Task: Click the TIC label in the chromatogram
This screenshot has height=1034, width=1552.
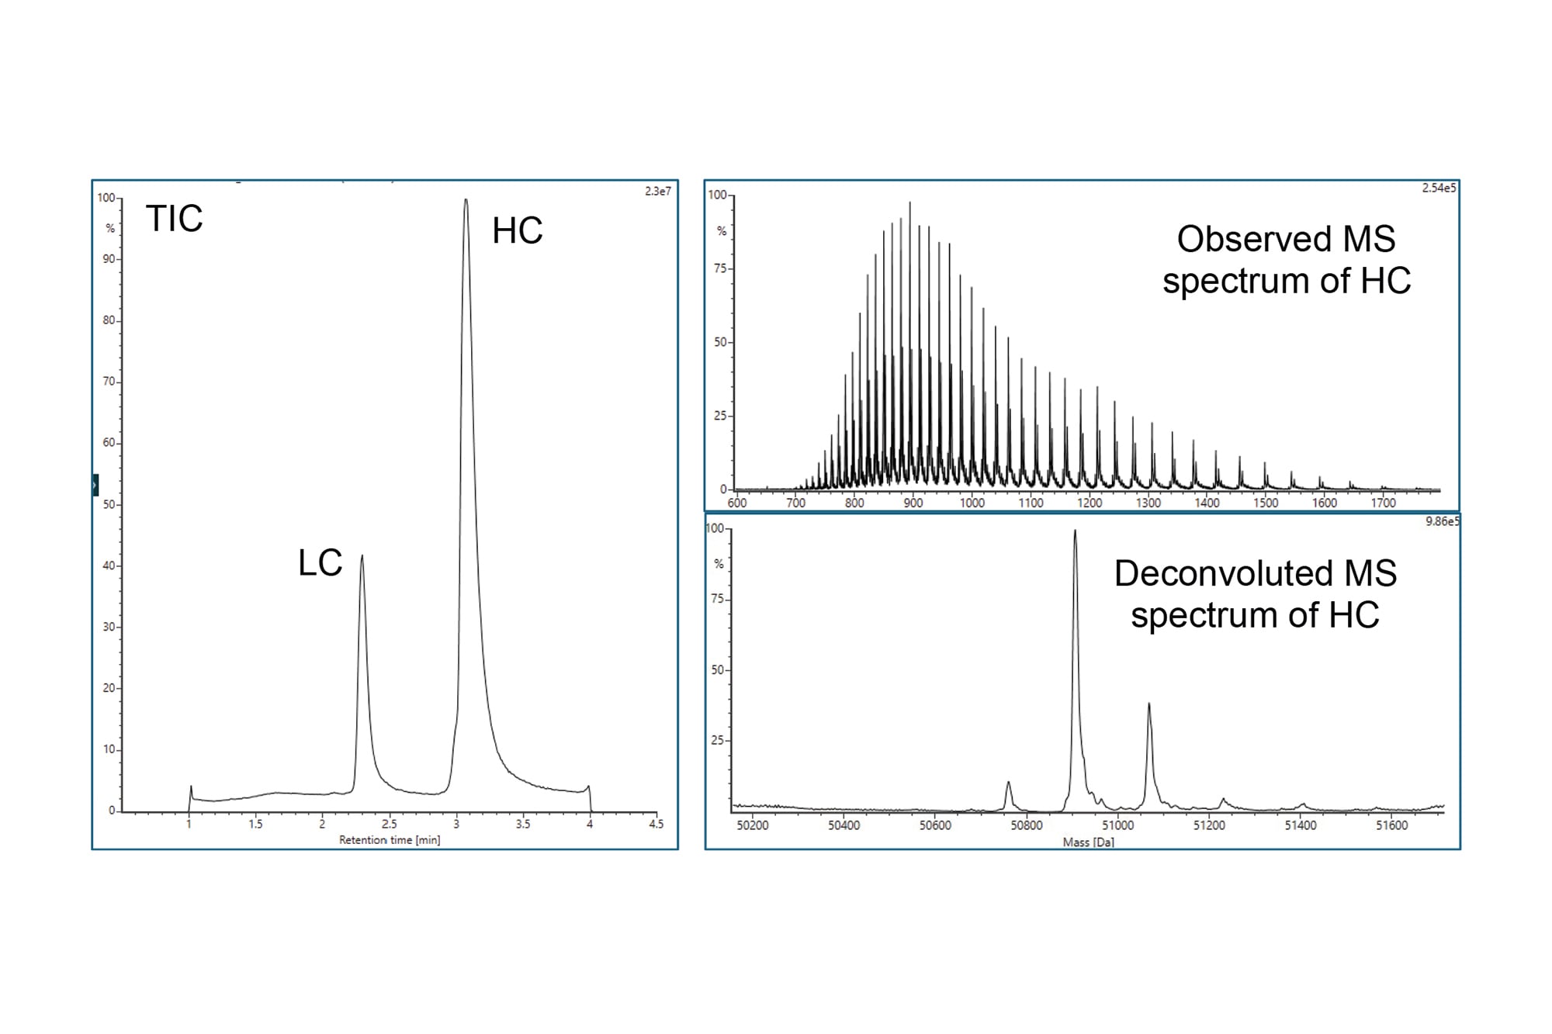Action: [174, 219]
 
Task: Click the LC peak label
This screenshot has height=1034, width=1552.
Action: [320, 563]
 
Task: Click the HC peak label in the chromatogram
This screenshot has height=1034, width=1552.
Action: [517, 230]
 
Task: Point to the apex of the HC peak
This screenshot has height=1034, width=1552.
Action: [466, 200]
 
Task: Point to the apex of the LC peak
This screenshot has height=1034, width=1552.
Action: [362, 556]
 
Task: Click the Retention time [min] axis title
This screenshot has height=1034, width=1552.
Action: [390, 840]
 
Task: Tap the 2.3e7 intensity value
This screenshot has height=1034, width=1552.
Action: [657, 192]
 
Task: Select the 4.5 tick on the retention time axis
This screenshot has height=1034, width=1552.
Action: [656, 825]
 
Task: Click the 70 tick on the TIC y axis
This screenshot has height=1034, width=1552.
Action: [109, 382]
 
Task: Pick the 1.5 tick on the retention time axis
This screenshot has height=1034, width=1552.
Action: [255, 825]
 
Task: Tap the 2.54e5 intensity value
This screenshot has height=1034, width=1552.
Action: [1439, 188]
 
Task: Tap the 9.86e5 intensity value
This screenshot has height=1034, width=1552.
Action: [1442, 521]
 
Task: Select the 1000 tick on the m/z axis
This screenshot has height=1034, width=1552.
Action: [972, 503]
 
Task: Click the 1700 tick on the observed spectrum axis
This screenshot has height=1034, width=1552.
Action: [1383, 503]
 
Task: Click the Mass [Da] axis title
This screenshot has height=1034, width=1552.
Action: [1088, 842]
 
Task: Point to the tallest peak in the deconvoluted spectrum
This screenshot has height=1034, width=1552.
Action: [1075, 531]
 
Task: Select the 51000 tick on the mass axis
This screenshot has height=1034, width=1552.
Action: [1117, 825]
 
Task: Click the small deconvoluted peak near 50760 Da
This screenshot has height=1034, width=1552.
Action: [1008, 783]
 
